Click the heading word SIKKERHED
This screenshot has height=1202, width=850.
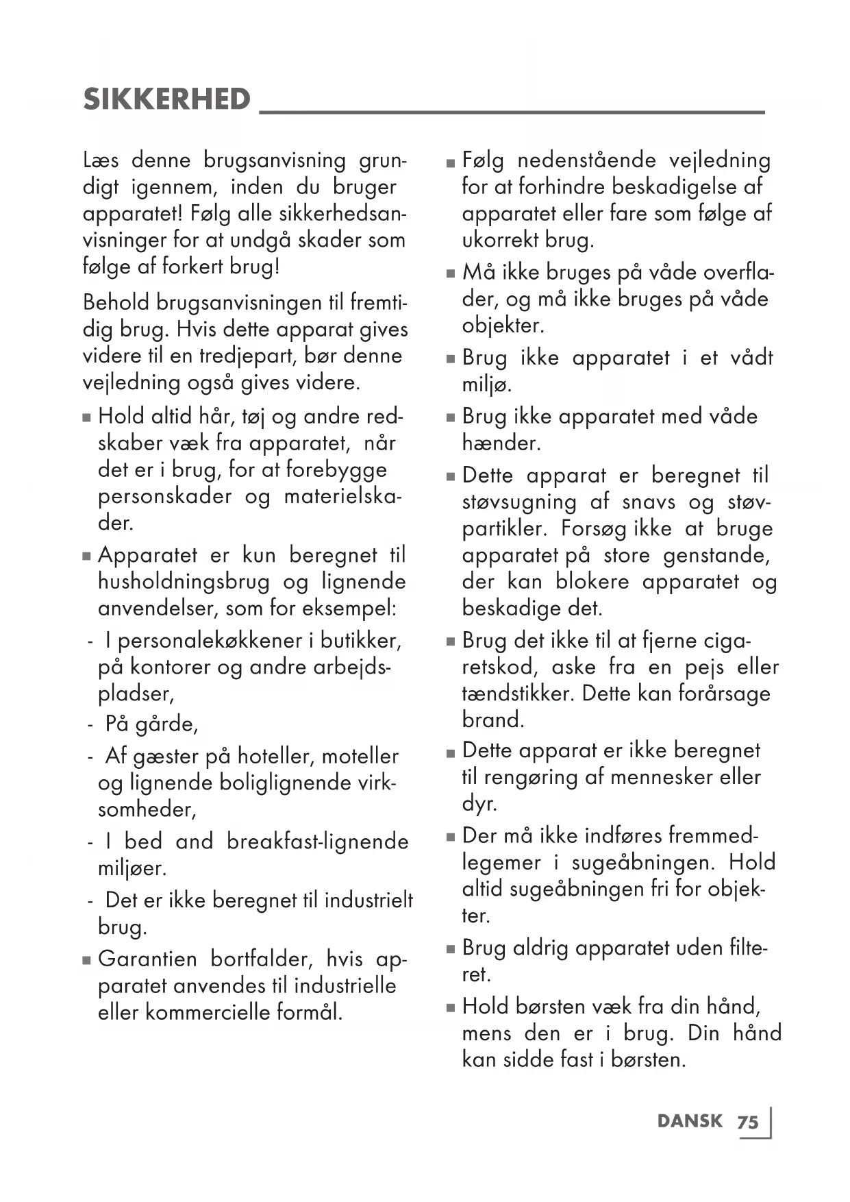pos(167,100)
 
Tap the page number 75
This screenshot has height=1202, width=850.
pos(748,1123)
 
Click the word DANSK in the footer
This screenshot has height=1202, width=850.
pos(689,1121)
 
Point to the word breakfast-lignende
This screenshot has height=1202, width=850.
pos(317,842)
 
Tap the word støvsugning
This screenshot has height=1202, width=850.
pos(519,502)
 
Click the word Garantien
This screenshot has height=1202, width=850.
pos(147,959)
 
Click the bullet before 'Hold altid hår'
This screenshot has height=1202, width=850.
pos(87,417)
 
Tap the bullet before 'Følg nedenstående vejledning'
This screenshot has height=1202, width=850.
pos(450,162)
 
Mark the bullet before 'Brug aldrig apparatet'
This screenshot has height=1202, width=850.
pos(450,950)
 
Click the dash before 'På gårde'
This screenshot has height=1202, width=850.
pos(90,724)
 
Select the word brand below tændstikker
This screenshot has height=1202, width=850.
pos(493,720)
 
